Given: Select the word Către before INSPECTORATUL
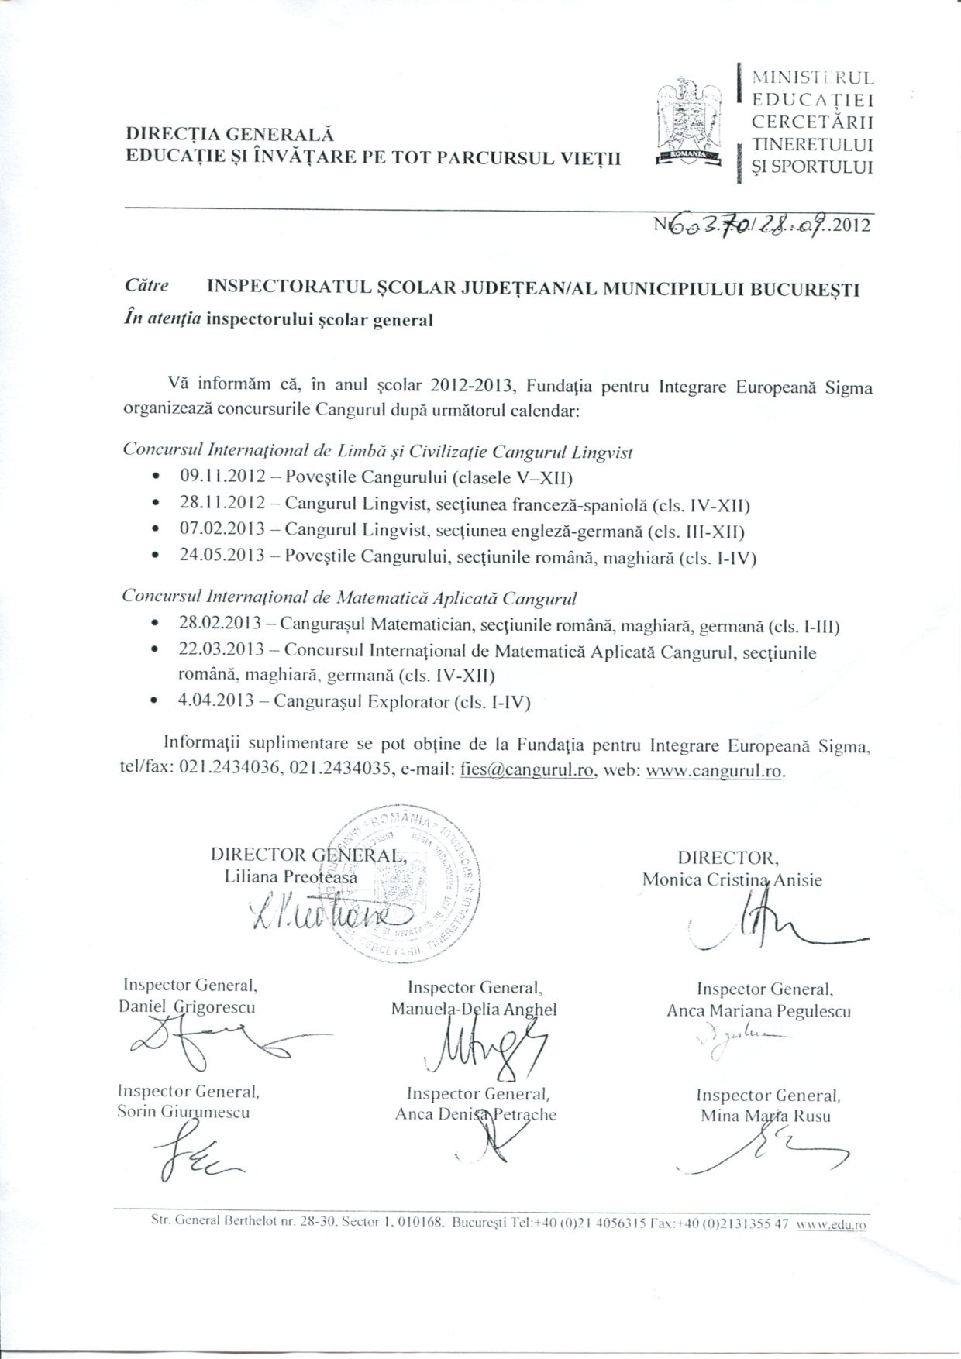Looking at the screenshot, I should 146,285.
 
